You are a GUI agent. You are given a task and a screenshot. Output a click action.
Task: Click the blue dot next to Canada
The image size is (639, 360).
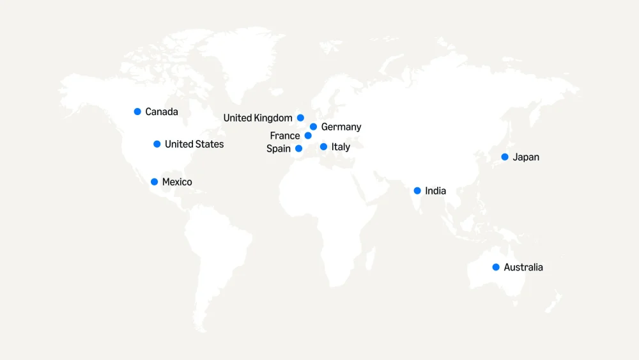(x=137, y=111)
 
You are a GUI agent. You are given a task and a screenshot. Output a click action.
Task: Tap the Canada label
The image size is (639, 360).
(x=162, y=112)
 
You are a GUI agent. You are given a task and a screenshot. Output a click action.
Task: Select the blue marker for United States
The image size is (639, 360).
(x=157, y=144)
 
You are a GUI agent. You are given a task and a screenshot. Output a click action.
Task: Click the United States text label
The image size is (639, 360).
(x=194, y=145)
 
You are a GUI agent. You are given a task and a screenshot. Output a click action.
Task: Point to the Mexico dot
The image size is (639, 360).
(x=154, y=182)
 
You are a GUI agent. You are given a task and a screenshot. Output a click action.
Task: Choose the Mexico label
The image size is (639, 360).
(x=177, y=182)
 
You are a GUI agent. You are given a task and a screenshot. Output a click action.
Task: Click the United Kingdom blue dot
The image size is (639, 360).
(x=300, y=118)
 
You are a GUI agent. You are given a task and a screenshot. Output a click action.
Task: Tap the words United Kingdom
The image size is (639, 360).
(x=258, y=118)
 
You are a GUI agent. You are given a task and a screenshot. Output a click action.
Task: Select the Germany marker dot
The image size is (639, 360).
(x=313, y=127)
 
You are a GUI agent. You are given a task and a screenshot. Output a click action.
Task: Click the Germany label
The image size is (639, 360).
(x=341, y=127)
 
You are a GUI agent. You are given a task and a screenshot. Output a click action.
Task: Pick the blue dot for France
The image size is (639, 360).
(x=308, y=136)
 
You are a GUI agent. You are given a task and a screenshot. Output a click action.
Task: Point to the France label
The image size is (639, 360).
(x=284, y=136)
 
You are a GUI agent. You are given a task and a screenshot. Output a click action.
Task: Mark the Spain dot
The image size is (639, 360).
(x=298, y=148)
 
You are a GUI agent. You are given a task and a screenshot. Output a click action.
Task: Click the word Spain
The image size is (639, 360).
(x=279, y=149)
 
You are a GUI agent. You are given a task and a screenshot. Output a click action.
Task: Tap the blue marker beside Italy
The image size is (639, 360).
(x=323, y=146)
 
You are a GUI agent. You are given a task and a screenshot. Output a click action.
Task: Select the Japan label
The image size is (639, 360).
(x=526, y=157)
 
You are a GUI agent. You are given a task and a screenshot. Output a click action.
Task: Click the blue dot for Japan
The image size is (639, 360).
(x=505, y=157)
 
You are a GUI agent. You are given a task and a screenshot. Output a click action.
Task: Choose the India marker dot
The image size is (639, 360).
(x=417, y=191)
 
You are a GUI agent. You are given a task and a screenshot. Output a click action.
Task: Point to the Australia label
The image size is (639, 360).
(x=523, y=267)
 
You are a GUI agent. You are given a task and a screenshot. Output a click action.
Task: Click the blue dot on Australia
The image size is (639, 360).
(x=496, y=267)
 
